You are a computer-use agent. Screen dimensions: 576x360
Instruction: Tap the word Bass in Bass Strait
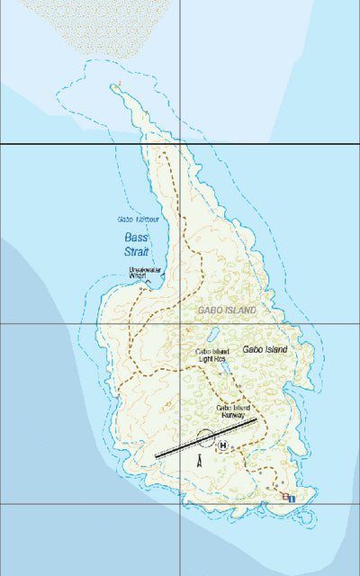click(136, 237)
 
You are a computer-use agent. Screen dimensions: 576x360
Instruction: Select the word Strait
click(138, 251)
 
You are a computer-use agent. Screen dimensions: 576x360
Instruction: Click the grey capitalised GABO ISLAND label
click(224, 310)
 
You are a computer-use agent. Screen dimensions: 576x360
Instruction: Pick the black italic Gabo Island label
click(265, 349)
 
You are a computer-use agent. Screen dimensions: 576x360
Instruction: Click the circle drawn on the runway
click(204, 438)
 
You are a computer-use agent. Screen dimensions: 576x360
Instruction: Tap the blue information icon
click(292, 497)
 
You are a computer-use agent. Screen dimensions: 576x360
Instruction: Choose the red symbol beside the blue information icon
click(283, 497)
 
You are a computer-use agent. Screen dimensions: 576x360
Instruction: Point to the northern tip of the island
click(118, 85)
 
